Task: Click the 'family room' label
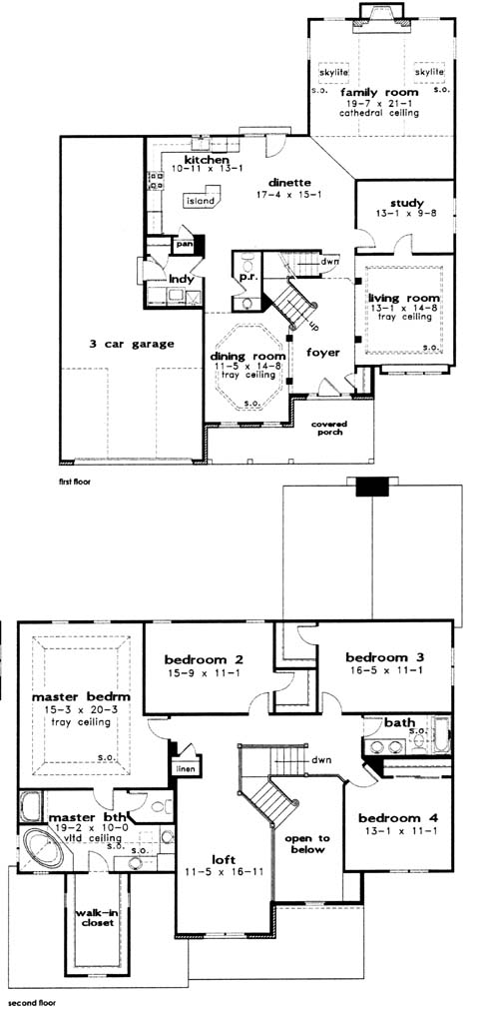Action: point(379,93)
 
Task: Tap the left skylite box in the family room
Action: point(333,73)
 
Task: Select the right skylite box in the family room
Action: point(429,73)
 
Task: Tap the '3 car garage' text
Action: point(132,344)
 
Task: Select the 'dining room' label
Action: point(248,357)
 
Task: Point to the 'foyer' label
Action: point(321,352)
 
